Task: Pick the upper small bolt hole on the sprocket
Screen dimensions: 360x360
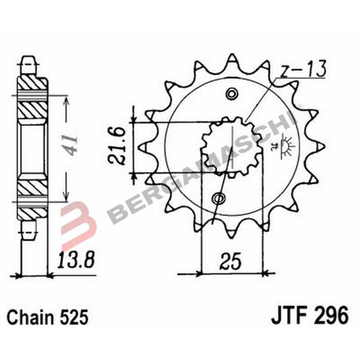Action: coord(233,94)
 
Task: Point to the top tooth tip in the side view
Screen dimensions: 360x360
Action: coord(28,58)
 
